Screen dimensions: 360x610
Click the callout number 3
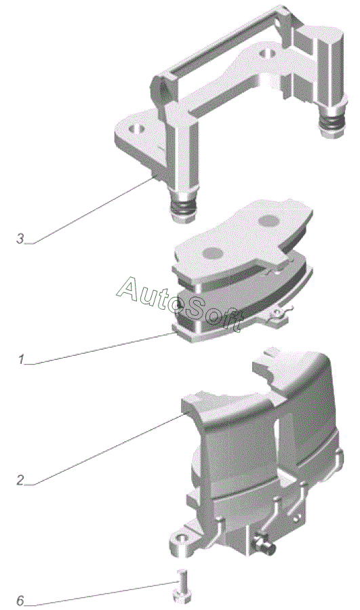coord(20,239)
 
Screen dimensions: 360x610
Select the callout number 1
coord(21,359)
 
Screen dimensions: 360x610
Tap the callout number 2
coord(20,480)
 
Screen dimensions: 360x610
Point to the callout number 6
coord(20,601)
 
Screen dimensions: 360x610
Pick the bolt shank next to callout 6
coord(182,579)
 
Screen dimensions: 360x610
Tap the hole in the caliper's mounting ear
coord(181,538)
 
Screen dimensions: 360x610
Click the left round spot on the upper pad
coord(212,253)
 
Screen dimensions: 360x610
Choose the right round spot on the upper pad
coord(268,221)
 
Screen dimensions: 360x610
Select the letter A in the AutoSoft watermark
coord(131,288)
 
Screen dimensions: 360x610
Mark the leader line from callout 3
coord(94,211)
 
